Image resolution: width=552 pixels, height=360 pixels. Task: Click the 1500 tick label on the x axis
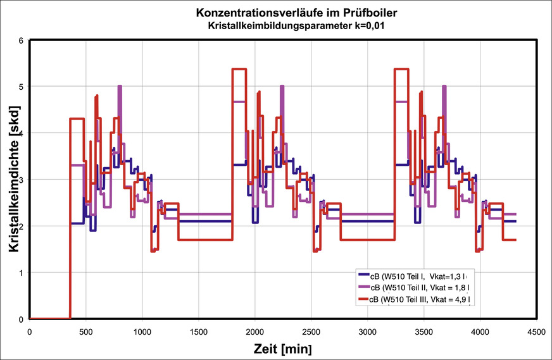point(199,331)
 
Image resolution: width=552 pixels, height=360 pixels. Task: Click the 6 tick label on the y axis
point(21,40)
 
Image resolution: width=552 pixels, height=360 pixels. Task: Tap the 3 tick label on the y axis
point(21,180)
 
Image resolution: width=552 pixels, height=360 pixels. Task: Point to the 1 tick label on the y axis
point(21,273)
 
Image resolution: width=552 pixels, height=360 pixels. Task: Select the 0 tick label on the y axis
point(21,320)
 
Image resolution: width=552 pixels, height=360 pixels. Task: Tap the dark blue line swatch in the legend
point(363,276)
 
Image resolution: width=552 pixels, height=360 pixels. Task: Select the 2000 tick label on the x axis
point(255,331)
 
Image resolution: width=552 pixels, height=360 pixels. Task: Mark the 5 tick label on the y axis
point(21,86)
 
